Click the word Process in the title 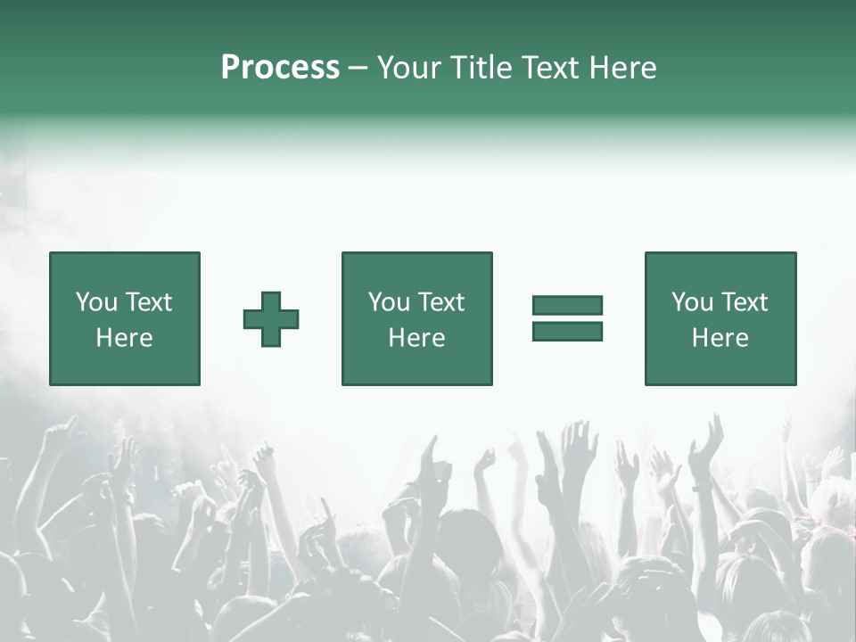[280, 67]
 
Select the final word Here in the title [622, 67]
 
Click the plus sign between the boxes [271, 319]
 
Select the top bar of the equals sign [567, 305]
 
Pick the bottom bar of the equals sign [567, 331]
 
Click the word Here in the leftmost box [124, 338]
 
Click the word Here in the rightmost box [720, 338]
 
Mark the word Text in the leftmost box [147, 302]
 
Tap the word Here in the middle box [416, 338]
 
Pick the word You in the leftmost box [96, 302]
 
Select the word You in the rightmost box [692, 302]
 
